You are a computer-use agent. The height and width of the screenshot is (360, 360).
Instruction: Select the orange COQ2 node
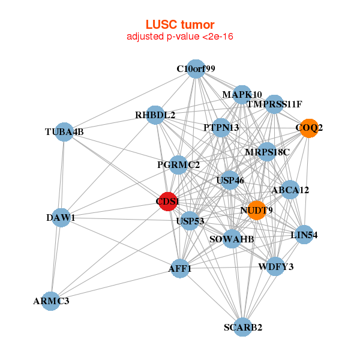pos(309,128)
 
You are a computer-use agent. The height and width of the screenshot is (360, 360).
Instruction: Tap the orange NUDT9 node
pos(256,210)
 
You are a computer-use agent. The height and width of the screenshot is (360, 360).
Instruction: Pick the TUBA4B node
pos(64,132)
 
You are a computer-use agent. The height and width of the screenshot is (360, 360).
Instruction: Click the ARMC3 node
pos(51,301)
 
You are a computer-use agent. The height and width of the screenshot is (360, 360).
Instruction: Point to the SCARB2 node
pos(243,327)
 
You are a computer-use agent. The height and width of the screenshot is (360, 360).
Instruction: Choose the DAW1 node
pos(61,217)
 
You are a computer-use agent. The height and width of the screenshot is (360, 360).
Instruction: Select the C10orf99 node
pos(196,69)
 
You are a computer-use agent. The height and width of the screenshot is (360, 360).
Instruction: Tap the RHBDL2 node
pos(155,115)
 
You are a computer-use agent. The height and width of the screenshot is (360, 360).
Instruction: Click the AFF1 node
pos(181,269)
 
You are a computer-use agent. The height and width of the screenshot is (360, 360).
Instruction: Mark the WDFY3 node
pos(275,266)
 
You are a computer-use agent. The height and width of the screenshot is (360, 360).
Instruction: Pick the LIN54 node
pos(304,235)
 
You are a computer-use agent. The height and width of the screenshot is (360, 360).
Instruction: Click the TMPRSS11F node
pos(274,104)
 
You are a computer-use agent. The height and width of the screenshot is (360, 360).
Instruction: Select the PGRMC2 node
pos(178,164)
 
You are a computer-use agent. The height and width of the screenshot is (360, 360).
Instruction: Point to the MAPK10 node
pos(242,95)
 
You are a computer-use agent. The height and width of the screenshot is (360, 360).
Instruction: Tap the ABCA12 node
pos(290,190)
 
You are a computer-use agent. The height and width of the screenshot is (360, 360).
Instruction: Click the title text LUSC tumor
pos(180,25)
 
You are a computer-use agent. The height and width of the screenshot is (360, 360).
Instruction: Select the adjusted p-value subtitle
pos(180,37)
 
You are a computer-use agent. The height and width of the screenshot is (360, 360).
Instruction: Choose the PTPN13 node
pos(221,127)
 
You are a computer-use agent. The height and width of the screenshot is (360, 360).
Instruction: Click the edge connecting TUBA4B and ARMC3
pos(58,216)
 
